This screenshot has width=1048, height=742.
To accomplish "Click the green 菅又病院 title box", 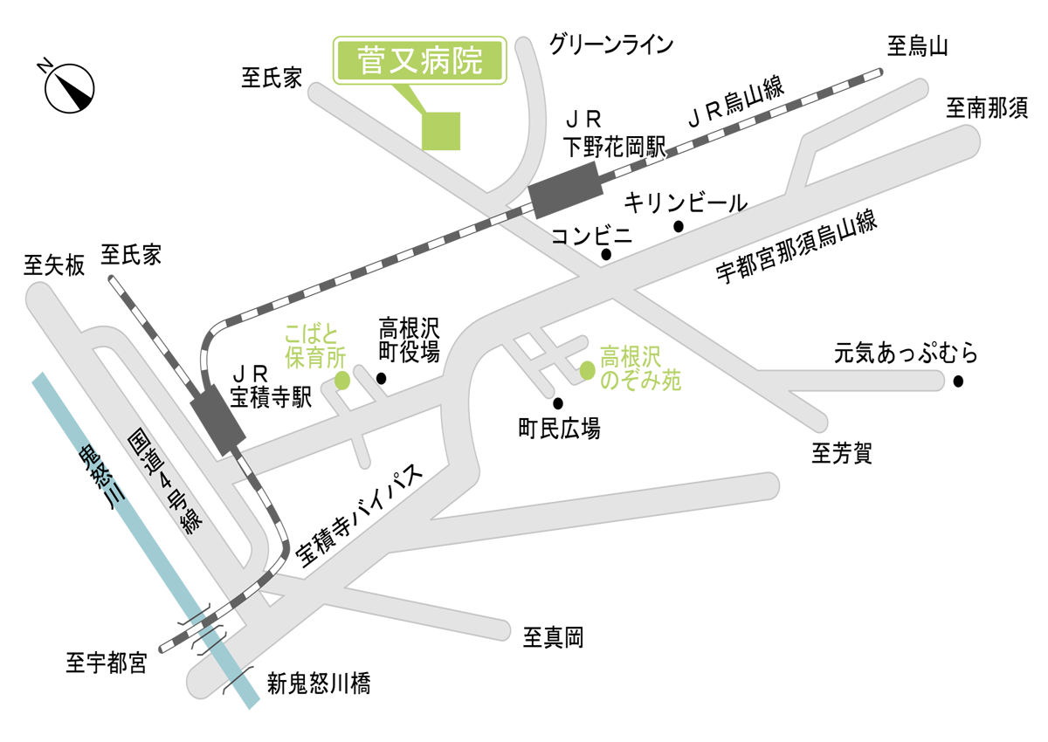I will pos(420,60).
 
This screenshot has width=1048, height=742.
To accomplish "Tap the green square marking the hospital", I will pos(441,131).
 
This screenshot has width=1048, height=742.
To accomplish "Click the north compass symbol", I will pos(67,87).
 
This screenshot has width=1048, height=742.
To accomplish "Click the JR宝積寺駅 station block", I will pos(217,422).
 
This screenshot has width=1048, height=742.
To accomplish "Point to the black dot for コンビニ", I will pos(606,255).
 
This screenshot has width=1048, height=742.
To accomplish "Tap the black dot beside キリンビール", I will pos(679,227).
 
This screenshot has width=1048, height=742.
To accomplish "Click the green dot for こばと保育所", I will pos(342,381).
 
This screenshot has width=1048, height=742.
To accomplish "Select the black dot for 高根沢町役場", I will pos(381,379).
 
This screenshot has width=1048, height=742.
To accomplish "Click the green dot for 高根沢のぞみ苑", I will pos(587,370).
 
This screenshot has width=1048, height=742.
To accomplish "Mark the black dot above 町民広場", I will pos(558,403).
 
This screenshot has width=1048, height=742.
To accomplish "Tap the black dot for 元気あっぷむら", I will pos(958,381).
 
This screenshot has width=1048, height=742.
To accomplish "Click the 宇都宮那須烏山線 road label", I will pos(796,248).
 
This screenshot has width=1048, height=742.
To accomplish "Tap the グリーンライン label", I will pos(611,44).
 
